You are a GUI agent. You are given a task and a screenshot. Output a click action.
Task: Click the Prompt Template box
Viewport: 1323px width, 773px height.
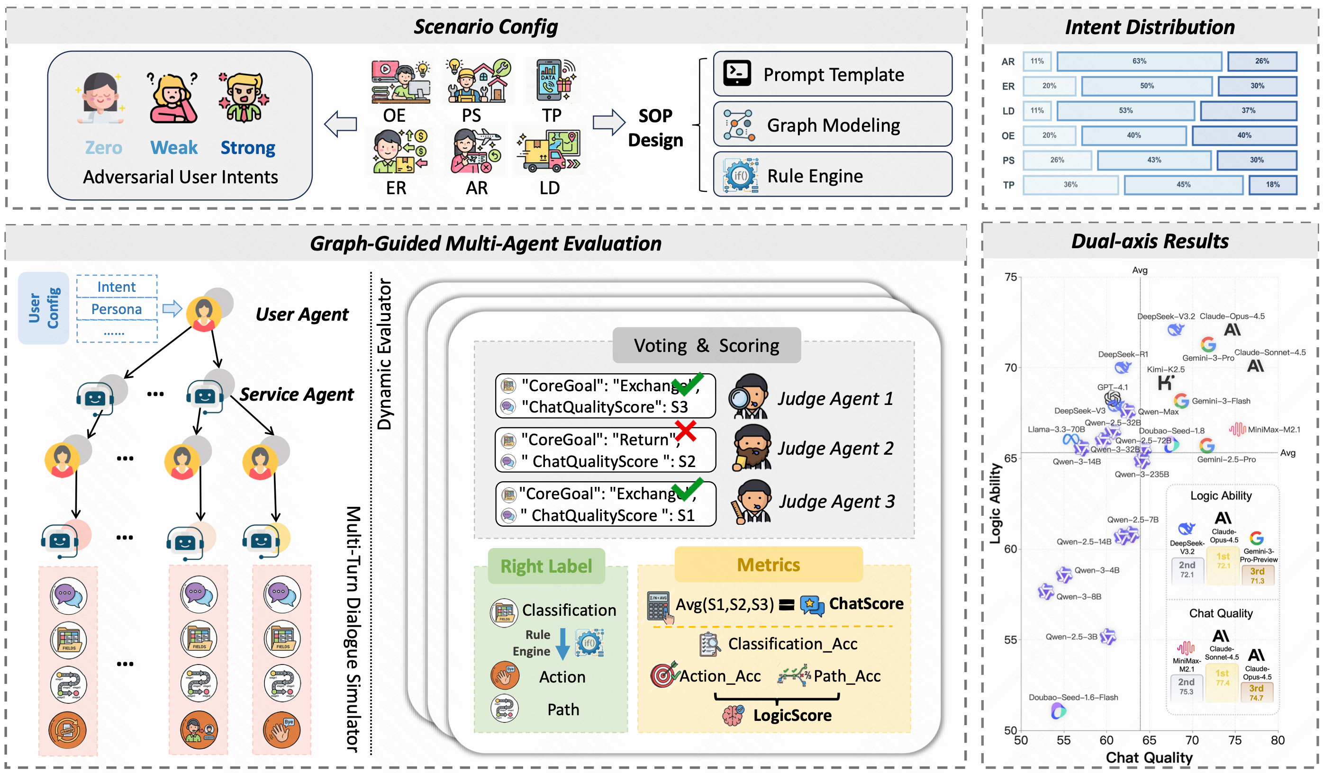832,74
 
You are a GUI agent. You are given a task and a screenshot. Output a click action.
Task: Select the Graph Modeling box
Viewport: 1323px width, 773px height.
832,125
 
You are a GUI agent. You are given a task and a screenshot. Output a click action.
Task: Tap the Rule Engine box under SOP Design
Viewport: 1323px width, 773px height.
832,175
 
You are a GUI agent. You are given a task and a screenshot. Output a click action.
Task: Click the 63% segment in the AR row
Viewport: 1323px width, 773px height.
1139,62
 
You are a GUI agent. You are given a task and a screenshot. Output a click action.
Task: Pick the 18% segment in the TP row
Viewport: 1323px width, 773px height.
1272,185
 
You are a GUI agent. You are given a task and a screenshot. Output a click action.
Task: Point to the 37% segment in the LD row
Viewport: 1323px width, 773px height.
1248,111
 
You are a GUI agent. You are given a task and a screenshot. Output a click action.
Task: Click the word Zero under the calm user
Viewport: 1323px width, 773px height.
103,147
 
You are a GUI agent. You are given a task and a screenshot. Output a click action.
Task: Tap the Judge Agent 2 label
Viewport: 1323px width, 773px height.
835,449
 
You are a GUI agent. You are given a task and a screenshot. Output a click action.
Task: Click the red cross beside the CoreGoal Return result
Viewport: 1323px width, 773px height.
686,431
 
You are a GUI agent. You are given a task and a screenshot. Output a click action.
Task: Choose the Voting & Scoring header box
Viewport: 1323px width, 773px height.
706,345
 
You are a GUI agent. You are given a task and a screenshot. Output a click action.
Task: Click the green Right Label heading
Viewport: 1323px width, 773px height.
546,566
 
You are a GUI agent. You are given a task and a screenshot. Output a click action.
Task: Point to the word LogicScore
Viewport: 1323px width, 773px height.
792,715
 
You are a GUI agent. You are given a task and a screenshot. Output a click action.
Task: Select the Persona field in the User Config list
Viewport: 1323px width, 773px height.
117,309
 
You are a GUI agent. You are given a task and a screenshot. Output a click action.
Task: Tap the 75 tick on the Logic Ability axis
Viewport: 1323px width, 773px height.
1011,277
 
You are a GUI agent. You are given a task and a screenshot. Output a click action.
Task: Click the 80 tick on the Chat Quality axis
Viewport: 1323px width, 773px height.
1278,740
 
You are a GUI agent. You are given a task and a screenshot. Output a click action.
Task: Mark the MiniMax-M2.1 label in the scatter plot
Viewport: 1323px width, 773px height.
1274,430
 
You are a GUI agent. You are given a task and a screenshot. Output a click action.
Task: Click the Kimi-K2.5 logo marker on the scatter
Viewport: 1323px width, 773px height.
1165,383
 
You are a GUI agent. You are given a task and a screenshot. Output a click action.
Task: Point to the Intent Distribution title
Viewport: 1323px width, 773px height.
1149,27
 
